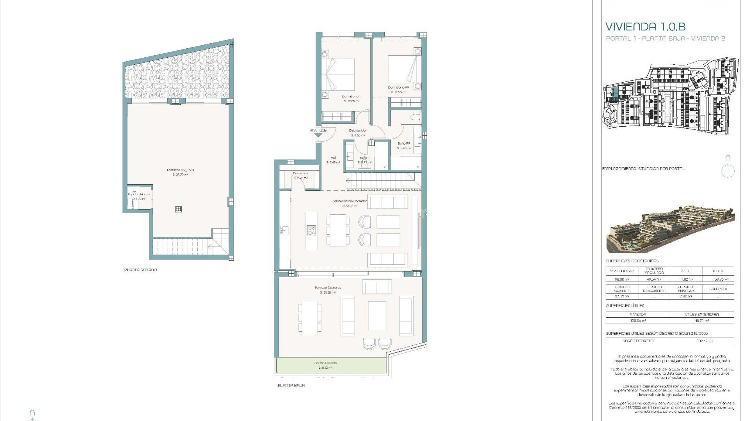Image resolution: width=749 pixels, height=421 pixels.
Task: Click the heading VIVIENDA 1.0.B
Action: click(x=645, y=27)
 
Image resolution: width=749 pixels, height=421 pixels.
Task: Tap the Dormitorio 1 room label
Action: click(x=351, y=97)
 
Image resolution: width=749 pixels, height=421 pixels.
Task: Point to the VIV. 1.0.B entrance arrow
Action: click(x=319, y=135)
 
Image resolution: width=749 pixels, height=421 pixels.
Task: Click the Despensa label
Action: click(x=300, y=173)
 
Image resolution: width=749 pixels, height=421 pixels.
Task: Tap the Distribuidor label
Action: click(x=357, y=131)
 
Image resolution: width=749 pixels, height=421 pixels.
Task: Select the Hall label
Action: click(x=333, y=158)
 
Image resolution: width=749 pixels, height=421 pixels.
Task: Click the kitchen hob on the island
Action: click(x=311, y=231)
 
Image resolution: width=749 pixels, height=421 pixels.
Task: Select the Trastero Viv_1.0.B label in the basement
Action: click(x=180, y=170)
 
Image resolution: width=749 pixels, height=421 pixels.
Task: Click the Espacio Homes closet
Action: click(x=138, y=197)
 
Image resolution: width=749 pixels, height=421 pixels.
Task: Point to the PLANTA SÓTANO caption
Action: click(x=140, y=270)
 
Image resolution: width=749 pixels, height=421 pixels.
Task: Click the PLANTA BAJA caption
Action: click(x=291, y=385)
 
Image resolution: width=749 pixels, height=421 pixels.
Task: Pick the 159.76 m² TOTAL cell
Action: click(x=717, y=279)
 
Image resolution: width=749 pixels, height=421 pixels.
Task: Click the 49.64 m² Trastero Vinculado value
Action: click(x=654, y=279)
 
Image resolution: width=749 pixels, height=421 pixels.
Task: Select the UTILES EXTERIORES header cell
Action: click(x=701, y=314)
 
